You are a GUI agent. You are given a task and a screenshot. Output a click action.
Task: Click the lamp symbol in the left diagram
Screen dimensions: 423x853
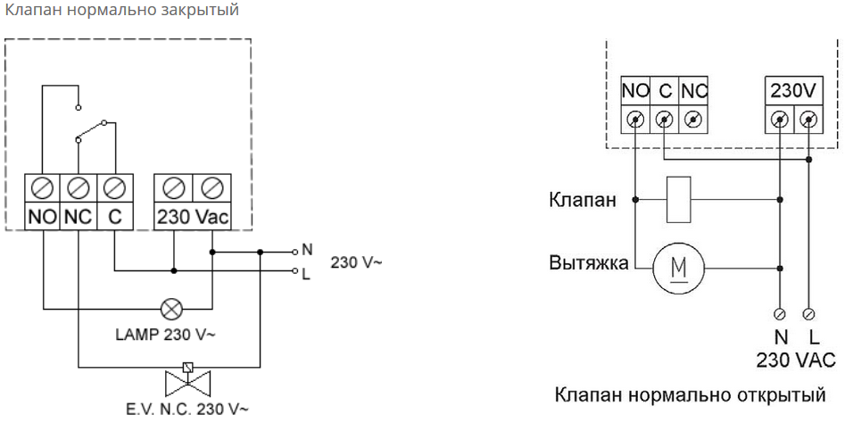coord(170,309)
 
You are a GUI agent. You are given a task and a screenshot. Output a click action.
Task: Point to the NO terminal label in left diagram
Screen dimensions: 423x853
coord(42,216)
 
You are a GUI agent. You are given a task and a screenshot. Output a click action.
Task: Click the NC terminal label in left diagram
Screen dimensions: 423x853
coord(79,216)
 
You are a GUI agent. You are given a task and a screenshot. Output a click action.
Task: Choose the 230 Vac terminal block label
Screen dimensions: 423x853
coord(194,216)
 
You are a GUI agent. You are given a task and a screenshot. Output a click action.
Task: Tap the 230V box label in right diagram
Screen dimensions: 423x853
coord(793,91)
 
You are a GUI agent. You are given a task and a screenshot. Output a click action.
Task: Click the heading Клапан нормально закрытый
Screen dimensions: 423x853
coord(121,11)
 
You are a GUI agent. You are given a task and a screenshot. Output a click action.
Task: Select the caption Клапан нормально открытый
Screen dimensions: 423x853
coord(691,394)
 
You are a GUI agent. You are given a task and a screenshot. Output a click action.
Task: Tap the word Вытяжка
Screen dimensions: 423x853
coord(586,265)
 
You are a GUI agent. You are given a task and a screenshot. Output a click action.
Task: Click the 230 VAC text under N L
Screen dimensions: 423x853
coord(795,360)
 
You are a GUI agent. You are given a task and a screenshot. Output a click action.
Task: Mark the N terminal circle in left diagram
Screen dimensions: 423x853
coord(295,252)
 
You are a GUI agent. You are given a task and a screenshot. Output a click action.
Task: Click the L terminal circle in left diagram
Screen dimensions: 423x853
coord(295,270)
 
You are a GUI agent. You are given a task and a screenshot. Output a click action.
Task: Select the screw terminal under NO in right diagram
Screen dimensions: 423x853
coord(635,119)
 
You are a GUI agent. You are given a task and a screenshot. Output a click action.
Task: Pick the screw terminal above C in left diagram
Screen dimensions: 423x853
coord(114,188)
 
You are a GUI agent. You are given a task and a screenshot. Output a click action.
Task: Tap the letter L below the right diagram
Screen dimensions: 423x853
coord(813,337)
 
